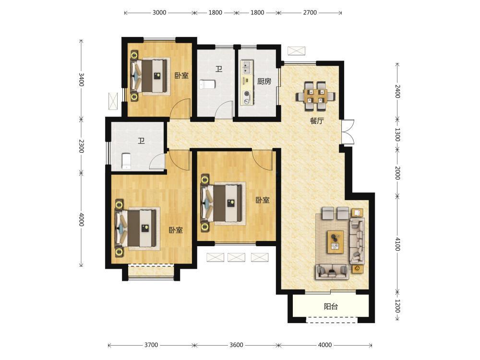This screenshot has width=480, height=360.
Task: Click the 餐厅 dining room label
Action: (316, 121)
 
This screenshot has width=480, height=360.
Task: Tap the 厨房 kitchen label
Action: (264, 81)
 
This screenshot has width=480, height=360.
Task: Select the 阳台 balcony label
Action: (331, 306)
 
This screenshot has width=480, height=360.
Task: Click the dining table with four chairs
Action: (315, 96)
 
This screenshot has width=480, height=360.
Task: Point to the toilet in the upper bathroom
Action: (207, 84)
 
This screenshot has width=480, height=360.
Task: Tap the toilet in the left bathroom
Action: (126, 161)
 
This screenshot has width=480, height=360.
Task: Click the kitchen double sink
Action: (247, 68)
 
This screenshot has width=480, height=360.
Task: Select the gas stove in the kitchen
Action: (246, 97)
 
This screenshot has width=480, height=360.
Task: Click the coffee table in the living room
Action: (336, 242)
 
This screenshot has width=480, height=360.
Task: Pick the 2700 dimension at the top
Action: (310, 12)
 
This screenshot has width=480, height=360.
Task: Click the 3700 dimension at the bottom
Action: (151, 345)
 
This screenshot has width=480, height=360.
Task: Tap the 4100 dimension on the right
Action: (397, 244)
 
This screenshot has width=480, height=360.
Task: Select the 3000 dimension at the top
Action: (159, 12)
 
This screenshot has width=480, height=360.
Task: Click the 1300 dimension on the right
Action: (397, 135)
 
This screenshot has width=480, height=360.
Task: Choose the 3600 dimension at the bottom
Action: (236, 345)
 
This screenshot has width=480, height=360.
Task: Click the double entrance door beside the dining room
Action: (348, 132)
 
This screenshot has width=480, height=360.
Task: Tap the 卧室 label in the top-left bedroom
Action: (181, 75)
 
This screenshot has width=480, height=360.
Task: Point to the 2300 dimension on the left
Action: (81, 146)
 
